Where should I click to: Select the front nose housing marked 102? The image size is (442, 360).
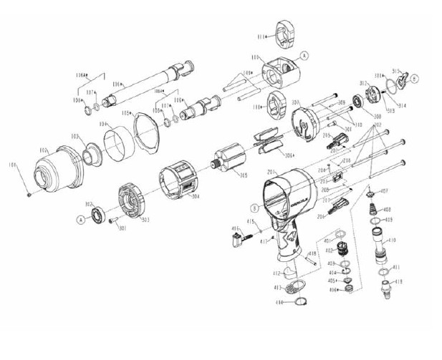(x=62, y=172)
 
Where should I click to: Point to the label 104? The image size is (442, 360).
(x=102, y=125)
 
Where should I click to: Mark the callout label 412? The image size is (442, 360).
(x=275, y=273)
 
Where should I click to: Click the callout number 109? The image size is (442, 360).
(x=248, y=73)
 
